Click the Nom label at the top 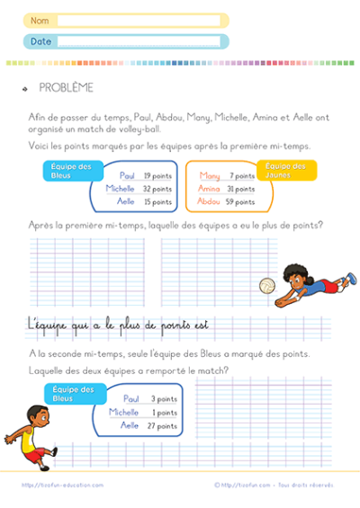click(39, 20)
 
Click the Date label click(40, 41)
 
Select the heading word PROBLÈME click(66, 87)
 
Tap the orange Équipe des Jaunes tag click(286, 171)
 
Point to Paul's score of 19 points click(157, 176)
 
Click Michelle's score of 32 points click(157, 189)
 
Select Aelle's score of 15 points click(157, 202)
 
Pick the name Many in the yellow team click(210, 176)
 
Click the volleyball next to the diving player click(268, 286)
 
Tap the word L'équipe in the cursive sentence click(55, 324)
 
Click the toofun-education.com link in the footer click(63, 485)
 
